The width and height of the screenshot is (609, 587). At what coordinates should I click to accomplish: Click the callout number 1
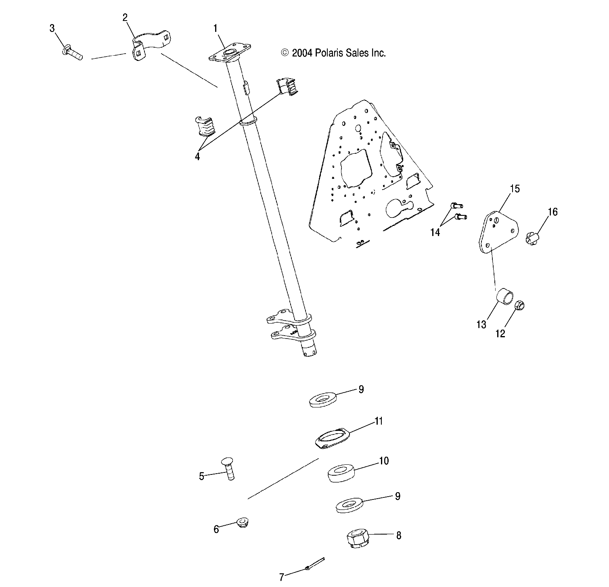(x=216, y=28)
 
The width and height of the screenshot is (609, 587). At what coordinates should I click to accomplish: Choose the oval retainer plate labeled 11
(x=332, y=437)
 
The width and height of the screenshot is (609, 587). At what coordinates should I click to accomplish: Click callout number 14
(x=435, y=232)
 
